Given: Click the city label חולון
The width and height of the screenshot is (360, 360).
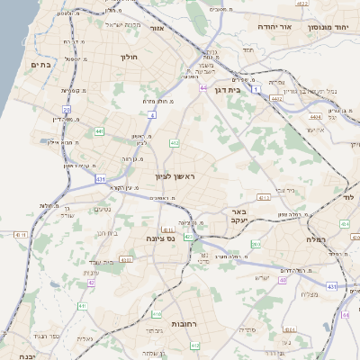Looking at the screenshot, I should pyautogui.click(x=128, y=57).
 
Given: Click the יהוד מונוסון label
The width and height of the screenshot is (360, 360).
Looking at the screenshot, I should pyautogui.click(x=330, y=27).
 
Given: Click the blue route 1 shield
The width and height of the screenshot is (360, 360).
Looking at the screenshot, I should pyautogui.click(x=256, y=90).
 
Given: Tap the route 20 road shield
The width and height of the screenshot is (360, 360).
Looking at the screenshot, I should pyautogui.click(x=67, y=110).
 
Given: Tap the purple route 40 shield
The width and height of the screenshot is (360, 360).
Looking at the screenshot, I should pyautogui.click(x=282, y=280).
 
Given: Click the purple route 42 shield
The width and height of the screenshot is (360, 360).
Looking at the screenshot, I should pyautogui.click(x=92, y=283).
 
